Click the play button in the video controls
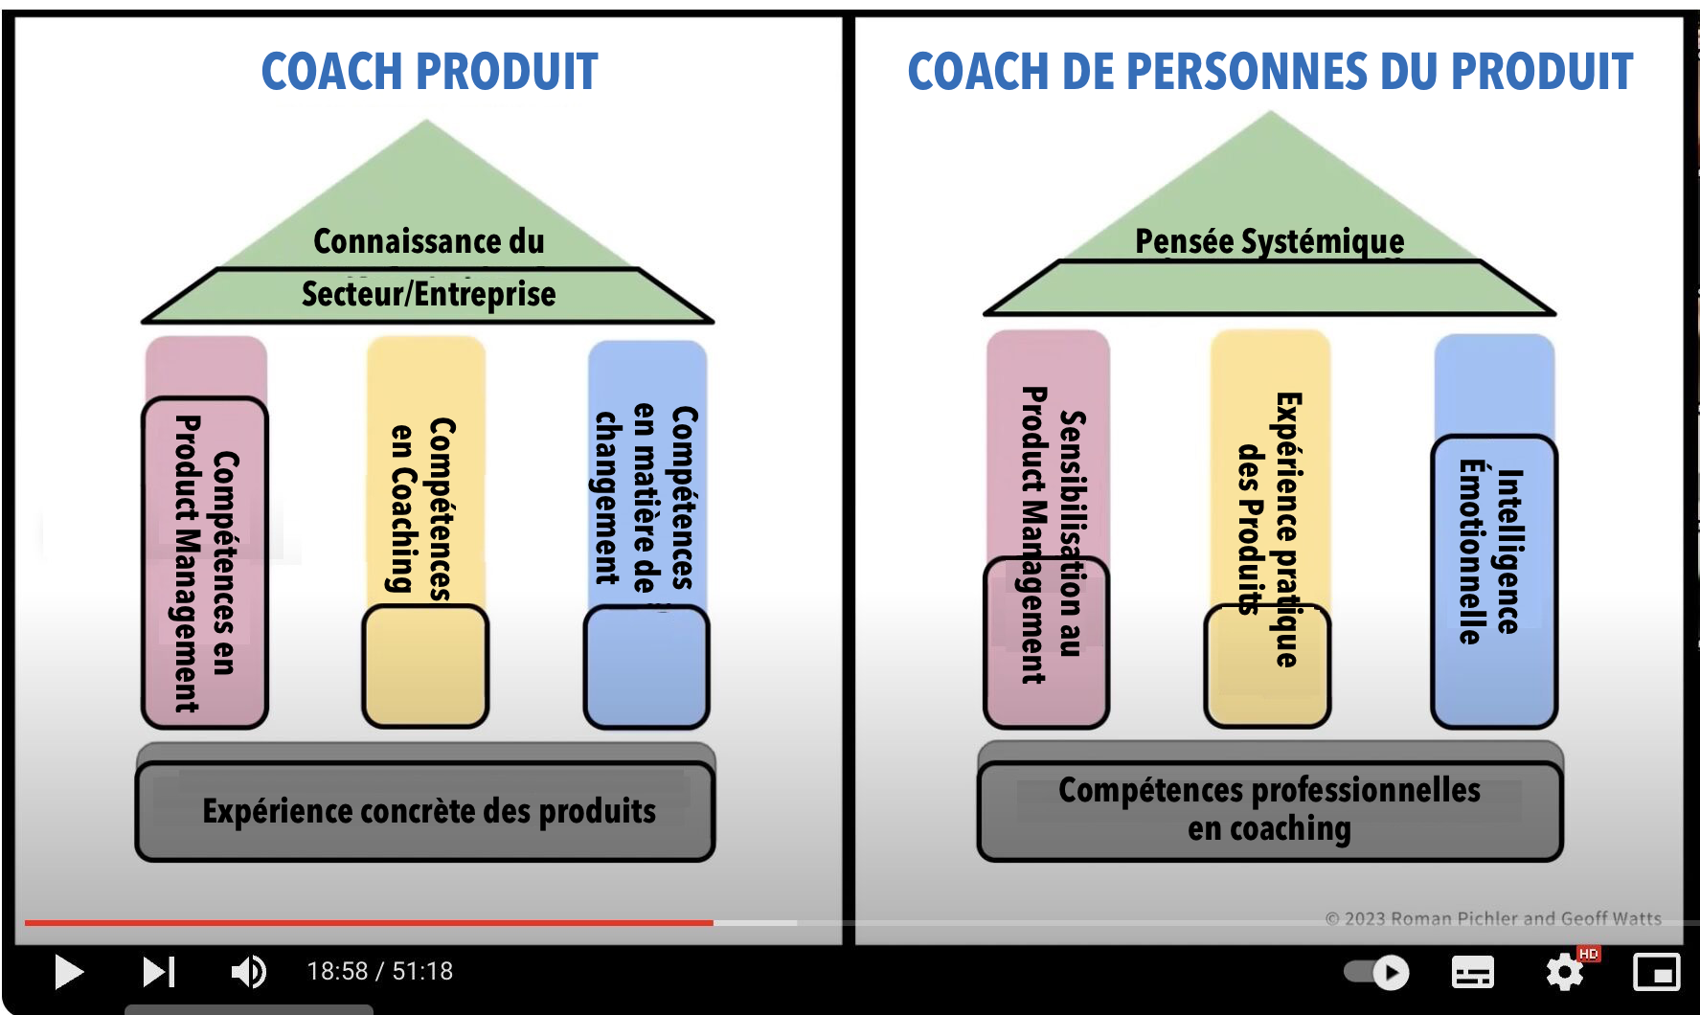tap(69, 972)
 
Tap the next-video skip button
tap(159, 972)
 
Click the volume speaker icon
tap(249, 972)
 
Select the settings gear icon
tap(1565, 973)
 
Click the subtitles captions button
tap(1473, 973)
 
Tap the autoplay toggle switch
tap(1376, 973)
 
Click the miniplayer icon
tap(1656, 973)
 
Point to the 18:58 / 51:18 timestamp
tap(380, 971)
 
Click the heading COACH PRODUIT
tap(430, 72)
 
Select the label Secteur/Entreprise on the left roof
tap(429, 294)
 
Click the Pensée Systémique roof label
tap(1270, 241)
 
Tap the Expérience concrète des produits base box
tap(425, 811)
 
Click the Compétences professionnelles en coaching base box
tap(1270, 810)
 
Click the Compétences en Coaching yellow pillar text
tap(422, 507)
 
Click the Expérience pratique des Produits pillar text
tap(1270, 529)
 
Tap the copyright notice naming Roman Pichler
tap(1493, 918)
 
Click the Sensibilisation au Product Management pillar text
tap(1053, 534)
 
